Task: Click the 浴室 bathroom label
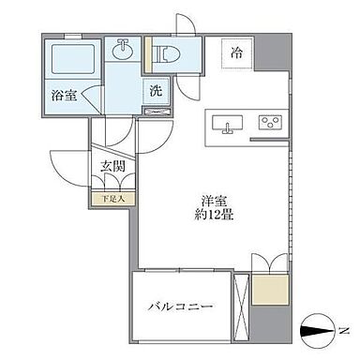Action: [x=64, y=94]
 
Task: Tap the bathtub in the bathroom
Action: [x=72, y=61]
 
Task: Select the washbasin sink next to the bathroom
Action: [x=122, y=48]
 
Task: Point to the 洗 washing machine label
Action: [x=156, y=91]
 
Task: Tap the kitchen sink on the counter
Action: [x=228, y=123]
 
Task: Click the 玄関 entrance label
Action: [x=111, y=169]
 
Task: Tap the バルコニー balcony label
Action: [x=181, y=306]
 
